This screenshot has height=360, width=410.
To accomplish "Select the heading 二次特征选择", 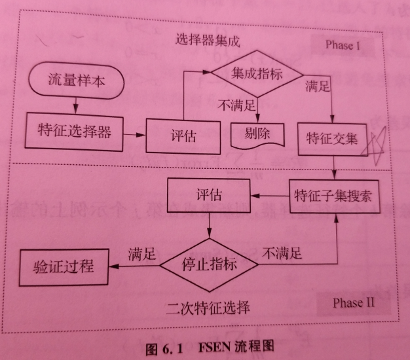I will tap(208, 306).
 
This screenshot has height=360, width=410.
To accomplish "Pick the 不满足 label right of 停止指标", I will tap(282, 251).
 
